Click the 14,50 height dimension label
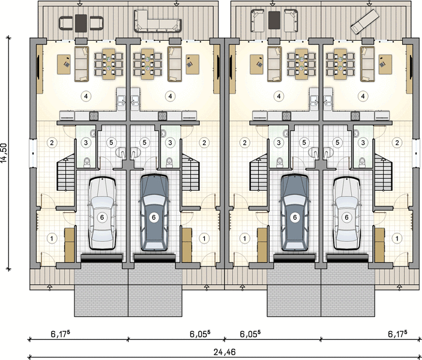coord(4,152)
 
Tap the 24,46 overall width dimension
coord(225,352)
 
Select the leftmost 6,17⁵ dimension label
coord(61,334)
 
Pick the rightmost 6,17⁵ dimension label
coord(397,334)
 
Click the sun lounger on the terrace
coord(365,22)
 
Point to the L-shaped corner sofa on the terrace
coord(157,21)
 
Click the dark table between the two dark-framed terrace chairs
coord(81,23)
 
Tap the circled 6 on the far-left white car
coord(102,217)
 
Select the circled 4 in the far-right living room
coord(363,96)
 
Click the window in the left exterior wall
coord(32,154)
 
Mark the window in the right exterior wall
coord(417,154)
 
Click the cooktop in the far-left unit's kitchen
coord(94,116)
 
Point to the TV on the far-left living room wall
coord(38,67)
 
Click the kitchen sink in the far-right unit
coord(328,100)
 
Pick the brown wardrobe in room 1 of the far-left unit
coord(70,245)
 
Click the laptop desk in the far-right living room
coord(385,64)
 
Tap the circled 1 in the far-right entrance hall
coord(397,238)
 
